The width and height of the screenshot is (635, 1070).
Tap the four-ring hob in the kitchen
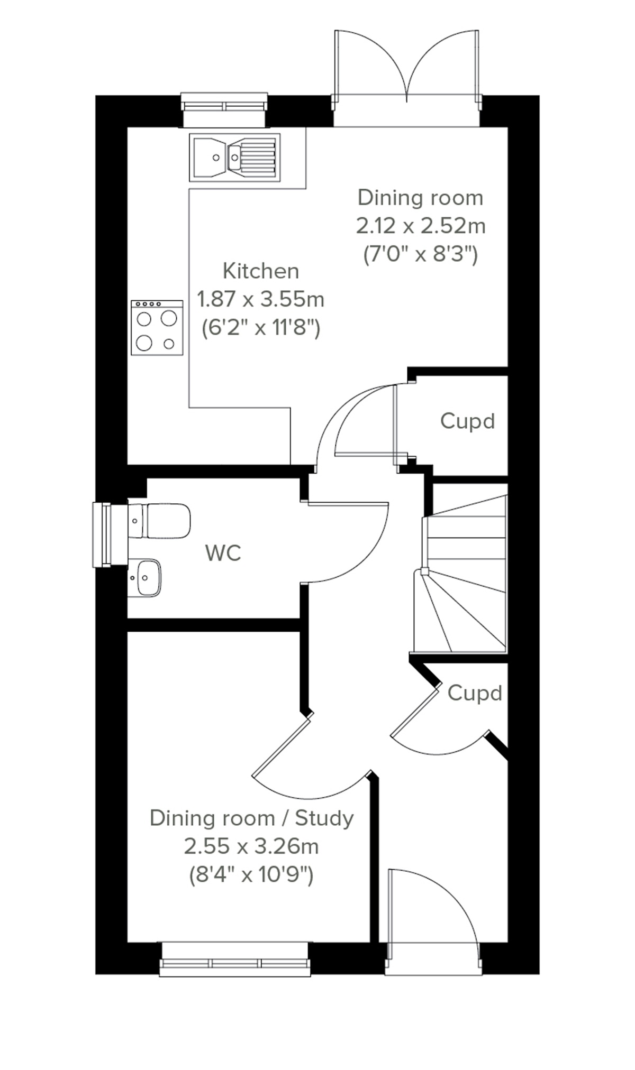click(x=157, y=328)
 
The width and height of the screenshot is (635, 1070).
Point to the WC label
click(x=223, y=554)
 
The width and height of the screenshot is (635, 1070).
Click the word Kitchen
click(x=261, y=271)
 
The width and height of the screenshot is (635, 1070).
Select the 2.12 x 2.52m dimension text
click(x=421, y=226)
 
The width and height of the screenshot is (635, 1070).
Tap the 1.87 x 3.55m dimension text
click(x=260, y=300)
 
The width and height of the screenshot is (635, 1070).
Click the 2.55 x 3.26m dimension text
click(x=251, y=846)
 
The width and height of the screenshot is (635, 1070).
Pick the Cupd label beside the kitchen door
click(x=467, y=421)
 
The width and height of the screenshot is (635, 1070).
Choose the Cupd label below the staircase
click(x=474, y=693)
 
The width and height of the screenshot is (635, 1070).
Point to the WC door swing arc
click(x=349, y=545)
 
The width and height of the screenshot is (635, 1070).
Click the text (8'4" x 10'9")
click(x=251, y=875)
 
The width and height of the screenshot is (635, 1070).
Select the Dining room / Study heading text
click(x=251, y=818)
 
